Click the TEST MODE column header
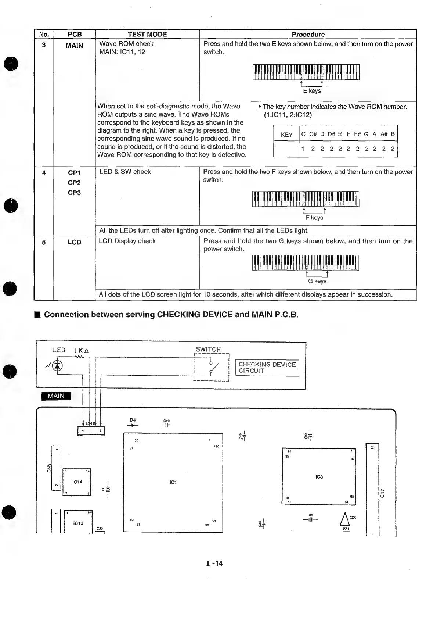pyautogui.click(x=147, y=34)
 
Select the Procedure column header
pyautogui.click(x=308, y=34)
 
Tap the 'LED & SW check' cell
pyautogui.click(x=125, y=172)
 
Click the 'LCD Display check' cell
pyautogui.click(x=127, y=241)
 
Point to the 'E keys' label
pyautogui.click(x=312, y=91)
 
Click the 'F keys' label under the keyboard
pyautogui.click(x=314, y=218)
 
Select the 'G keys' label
pyautogui.click(x=317, y=281)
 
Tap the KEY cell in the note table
pyautogui.click(x=286, y=135)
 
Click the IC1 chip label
pyautogui.click(x=173, y=482)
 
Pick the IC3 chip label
pyautogui.click(x=319, y=477)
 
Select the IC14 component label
pyautogui.click(x=77, y=482)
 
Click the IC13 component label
pyautogui.click(x=78, y=523)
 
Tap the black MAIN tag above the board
pyautogui.click(x=56, y=396)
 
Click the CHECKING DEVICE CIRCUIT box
pyautogui.click(x=267, y=368)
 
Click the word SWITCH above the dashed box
pyautogui.click(x=208, y=349)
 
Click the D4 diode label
pyautogui.click(x=133, y=420)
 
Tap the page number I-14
pyautogui.click(x=214, y=563)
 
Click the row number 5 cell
pyautogui.click(x=44, y=242)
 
